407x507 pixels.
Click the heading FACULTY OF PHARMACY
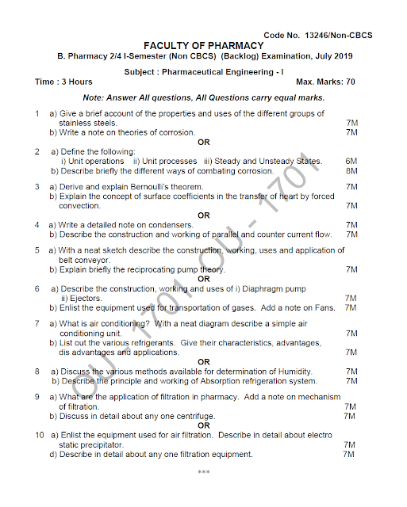[x=203, y=45]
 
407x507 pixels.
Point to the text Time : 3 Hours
[x=63, y=82]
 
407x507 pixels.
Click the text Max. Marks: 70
[x=325, y=82]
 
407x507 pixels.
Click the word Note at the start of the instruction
[x=105, y=97]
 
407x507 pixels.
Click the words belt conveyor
[x=81, y=260]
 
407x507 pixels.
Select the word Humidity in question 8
[x=293, y=371]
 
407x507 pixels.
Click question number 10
[x=39, y=436]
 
